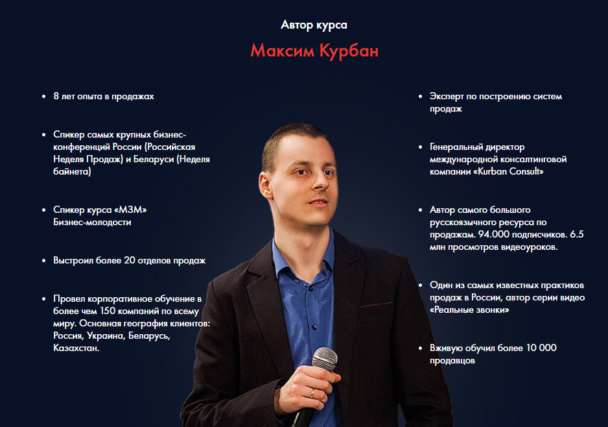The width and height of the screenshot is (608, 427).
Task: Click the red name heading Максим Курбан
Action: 314,51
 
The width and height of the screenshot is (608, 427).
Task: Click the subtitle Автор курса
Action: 314,25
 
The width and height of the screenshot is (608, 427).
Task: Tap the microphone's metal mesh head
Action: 325,359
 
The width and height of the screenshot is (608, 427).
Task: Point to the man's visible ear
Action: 266,186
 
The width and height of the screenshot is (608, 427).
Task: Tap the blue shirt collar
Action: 303,252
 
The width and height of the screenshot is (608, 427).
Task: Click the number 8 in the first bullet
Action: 56,96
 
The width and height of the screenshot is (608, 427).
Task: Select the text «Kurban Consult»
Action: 508,171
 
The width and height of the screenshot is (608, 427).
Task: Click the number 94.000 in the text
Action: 494,234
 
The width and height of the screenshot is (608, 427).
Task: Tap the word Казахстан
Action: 76,348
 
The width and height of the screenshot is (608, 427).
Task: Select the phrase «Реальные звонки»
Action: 469,310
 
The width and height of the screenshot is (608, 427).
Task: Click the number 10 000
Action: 541,348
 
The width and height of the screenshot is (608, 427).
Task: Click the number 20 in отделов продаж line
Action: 129,260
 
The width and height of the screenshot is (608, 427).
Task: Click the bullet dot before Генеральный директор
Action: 420,147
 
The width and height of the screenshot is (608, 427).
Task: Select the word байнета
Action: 72,171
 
